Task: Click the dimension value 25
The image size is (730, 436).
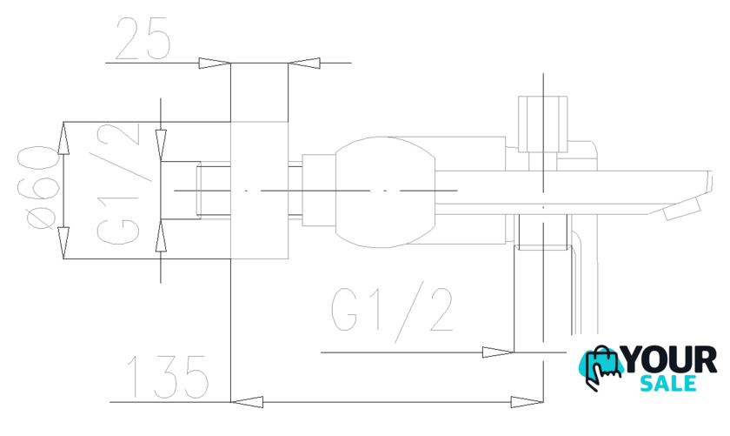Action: [143, 38]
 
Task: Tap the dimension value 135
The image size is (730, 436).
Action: [167, 377]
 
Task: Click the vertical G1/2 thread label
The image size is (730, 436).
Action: [118, 184]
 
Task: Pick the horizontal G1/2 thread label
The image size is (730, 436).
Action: [392, 312]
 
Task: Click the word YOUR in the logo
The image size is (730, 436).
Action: [669, 360]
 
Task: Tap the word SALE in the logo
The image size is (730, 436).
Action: [668, 383]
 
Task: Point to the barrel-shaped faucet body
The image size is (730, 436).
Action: [386, 191]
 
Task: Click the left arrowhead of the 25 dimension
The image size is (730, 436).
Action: [215, 63]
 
